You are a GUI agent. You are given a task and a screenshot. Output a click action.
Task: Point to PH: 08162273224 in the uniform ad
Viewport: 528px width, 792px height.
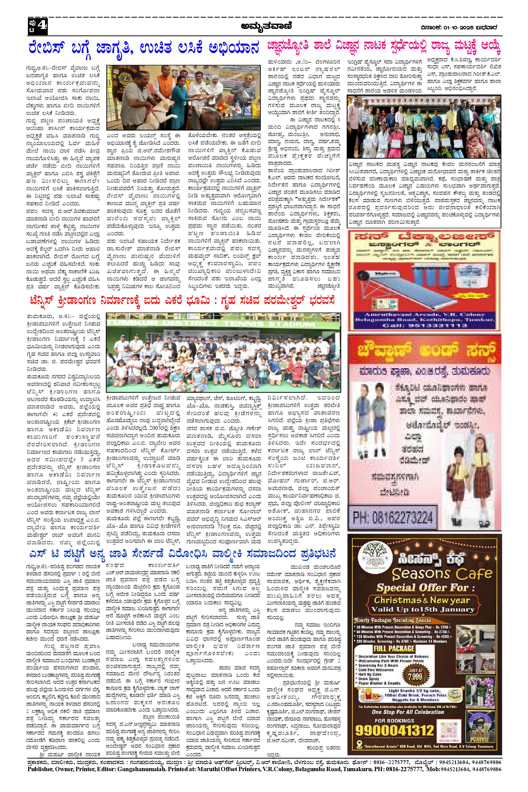(x=393, y=517)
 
